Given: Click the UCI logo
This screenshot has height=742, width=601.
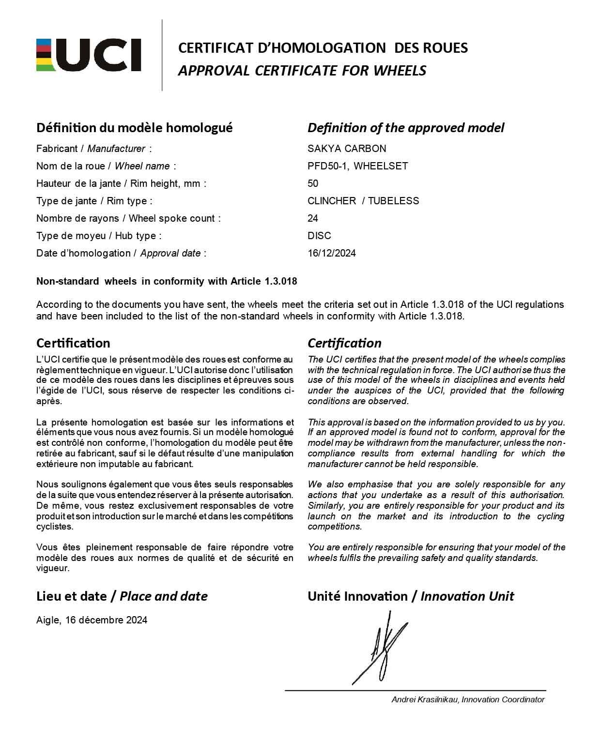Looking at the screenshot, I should (x=89, y=55).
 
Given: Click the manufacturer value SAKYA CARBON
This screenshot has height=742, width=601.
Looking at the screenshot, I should (x=347, y=149).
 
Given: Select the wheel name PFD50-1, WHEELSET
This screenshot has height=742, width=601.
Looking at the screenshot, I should (x=357, y=166).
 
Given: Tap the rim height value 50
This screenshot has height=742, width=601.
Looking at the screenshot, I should (x=313, y=183).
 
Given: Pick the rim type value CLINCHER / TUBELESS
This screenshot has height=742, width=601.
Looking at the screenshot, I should (x=363, y=201).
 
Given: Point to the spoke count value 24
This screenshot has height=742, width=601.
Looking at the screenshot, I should (x=313, y=218).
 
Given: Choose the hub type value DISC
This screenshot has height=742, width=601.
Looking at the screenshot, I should (x=319, y=236).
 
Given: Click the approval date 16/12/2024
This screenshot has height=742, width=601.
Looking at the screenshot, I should (x=332, y=253).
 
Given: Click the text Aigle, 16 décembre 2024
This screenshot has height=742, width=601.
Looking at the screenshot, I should (x=92, y=620).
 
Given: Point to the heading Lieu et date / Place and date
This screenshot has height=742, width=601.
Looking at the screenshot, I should (x=122, y=596).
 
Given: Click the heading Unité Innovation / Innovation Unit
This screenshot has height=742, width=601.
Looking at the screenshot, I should (x=411, y=596).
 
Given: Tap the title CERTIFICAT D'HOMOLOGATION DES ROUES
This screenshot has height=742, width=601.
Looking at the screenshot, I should (x=323, y=48).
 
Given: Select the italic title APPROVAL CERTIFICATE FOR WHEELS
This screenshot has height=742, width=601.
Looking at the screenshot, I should (x=302, y=71).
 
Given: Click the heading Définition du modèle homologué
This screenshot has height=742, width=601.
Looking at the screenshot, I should (x=134, y=128).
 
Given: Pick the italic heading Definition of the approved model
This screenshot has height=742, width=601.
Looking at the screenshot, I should (x=406, y=128).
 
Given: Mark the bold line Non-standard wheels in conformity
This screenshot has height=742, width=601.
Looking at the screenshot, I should (x=167, y=281).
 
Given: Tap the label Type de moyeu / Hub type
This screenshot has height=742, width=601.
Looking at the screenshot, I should (x=99, y=236).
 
